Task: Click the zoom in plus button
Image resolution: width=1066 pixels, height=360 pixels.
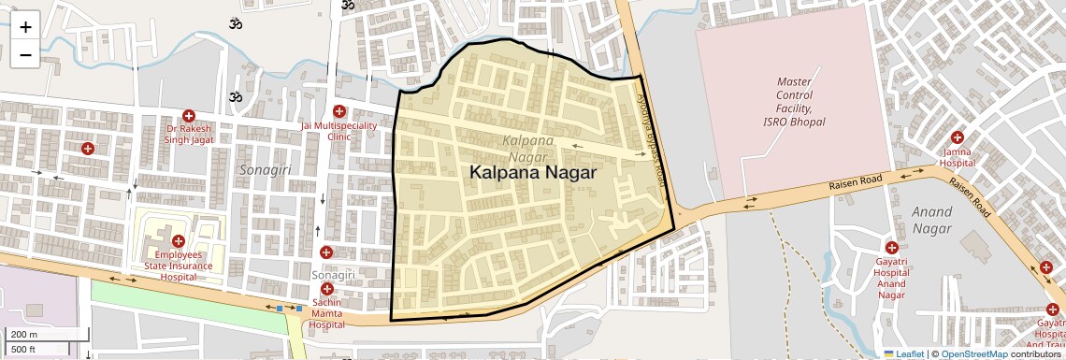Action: [x=25, y=26]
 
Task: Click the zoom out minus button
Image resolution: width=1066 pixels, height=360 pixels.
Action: [x=25, y=54]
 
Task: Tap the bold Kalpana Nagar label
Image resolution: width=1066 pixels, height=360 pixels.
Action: [x=532, y=173]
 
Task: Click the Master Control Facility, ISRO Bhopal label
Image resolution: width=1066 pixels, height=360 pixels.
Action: [x=794, y=101]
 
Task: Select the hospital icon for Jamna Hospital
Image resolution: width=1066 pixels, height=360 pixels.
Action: [x=958, y=137]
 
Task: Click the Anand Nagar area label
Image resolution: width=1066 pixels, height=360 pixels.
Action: [x=931, y=219]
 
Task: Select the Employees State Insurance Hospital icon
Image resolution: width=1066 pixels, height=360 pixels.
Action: [x=178, y=241]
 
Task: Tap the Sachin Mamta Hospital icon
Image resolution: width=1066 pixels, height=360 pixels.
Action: [x=327, y=289]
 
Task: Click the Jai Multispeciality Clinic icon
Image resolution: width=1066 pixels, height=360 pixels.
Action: [x=339, y=112]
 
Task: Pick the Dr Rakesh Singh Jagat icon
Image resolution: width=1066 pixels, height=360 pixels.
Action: [x=190, y=115]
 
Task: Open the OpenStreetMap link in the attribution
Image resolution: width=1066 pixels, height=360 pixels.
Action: [x=973, y=353]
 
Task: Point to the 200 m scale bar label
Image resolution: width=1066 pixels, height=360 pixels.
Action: [x=23, y=335]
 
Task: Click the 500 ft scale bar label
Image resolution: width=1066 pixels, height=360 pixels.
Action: [x=22, y=350]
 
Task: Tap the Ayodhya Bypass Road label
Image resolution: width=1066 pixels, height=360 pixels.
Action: [x=652, y=131]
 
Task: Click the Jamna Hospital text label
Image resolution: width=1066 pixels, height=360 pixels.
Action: [x=958, y=156]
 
